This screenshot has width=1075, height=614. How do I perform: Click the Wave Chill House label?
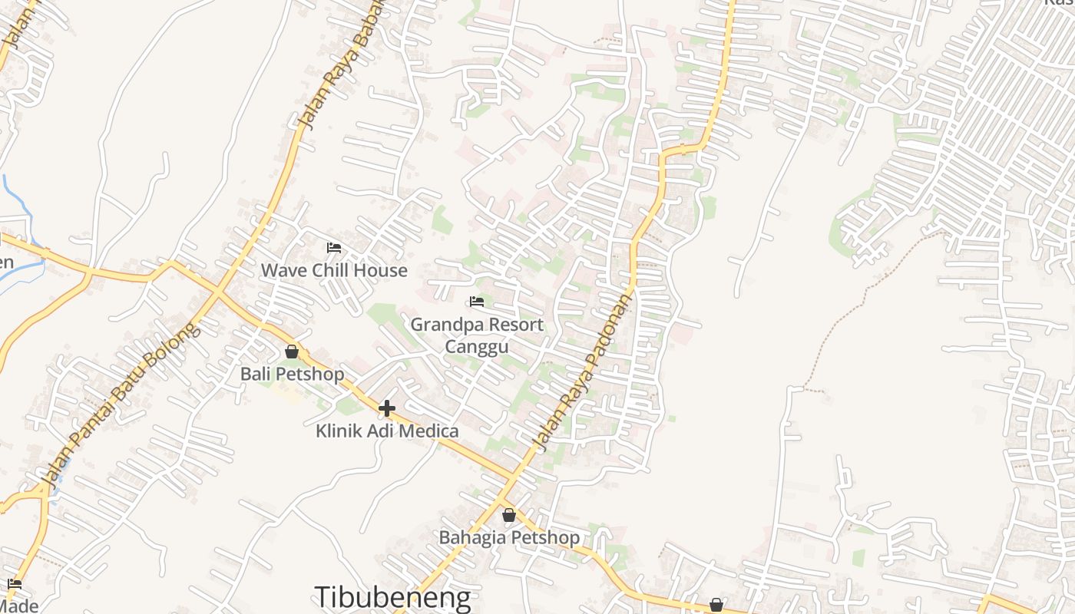[334, 270]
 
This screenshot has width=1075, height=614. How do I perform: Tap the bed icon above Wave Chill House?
[334, 248]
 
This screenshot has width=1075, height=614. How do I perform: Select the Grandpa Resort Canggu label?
[477, 335]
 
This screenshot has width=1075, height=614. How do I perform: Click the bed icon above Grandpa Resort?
[477, 302]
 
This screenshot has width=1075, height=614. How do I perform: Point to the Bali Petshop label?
[292, 374]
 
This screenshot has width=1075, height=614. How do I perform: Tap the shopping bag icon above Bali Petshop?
[292, 352]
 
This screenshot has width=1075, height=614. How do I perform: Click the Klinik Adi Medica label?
[387, 431]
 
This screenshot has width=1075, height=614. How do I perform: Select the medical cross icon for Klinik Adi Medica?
[387, 408]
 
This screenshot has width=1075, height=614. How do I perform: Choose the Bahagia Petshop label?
[509, 537]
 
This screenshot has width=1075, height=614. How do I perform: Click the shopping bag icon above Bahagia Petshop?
[509, 515]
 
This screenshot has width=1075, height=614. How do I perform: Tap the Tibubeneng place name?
[392, 597]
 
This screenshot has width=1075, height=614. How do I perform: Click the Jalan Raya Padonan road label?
[584, 372]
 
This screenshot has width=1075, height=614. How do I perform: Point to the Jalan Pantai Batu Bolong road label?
[121, 404]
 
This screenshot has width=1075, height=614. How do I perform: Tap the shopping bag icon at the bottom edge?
[716, 606]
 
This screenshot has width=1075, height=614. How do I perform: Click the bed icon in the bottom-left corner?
[15, 585]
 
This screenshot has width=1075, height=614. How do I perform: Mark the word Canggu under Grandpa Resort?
[477, 347]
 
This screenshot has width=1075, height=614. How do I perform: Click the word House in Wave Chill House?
[381, 270]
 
